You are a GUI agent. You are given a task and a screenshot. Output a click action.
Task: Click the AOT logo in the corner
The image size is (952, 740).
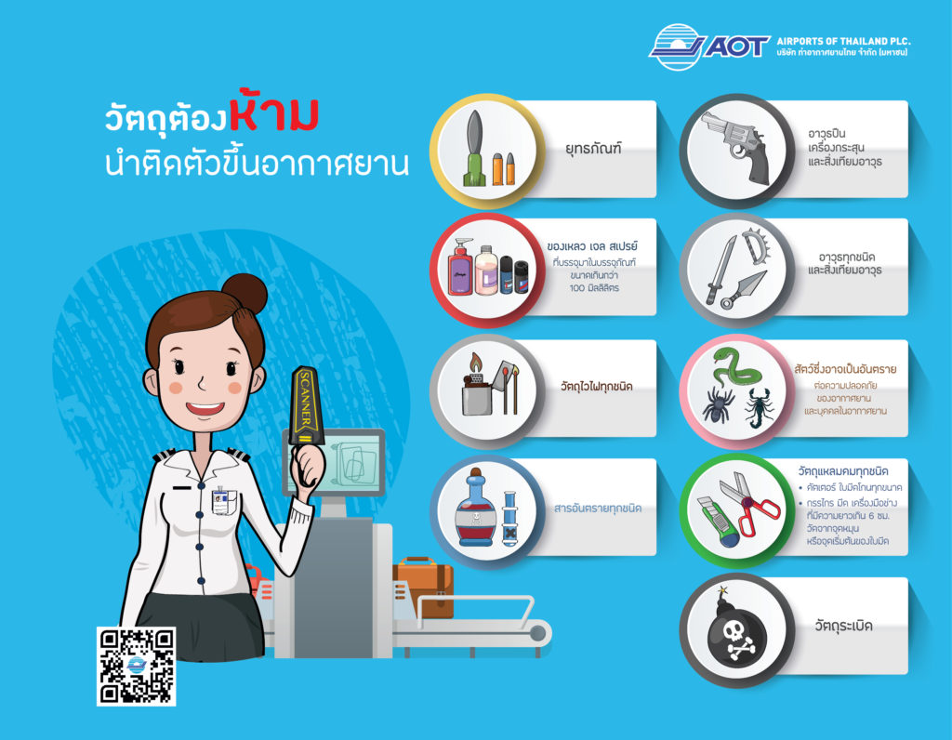point(709,46)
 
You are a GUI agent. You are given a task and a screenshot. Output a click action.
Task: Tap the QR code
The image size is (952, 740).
point(137,666)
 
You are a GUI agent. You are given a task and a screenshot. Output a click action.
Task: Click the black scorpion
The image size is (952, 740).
point(760,407)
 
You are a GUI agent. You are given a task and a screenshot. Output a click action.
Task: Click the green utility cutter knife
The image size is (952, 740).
point(718,521)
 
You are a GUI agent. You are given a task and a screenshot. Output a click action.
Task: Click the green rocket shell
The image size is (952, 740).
point(474,148)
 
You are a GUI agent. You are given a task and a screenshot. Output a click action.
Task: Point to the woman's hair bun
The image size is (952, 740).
point(245,293)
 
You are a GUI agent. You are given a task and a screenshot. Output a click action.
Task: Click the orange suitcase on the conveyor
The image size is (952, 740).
point(423,587)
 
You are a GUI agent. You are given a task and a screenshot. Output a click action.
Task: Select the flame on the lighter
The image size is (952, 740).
point(475,363)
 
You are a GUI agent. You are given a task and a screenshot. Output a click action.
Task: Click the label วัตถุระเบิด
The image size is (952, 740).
point(843,626)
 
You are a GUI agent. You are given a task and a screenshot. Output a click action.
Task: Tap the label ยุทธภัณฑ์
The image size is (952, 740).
point(593,148)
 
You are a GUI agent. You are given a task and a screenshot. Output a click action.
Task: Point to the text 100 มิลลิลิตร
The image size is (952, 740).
point(594,288)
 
